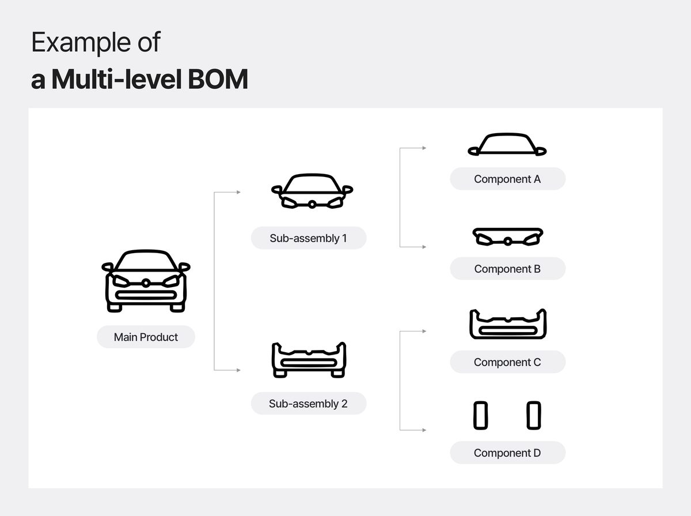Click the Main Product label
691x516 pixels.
pos(146,337)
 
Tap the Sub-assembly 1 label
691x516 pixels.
pos(308,238)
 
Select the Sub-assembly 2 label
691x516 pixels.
pos(308,404)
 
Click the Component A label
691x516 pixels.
pos(507,179)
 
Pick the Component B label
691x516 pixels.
pos(507,269)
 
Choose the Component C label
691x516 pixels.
pos(507,362)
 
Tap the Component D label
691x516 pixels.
pos(507,453)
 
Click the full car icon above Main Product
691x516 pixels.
pos(146,281)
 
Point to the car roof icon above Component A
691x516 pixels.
pos(507,145)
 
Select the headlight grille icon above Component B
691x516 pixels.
pos(507,237)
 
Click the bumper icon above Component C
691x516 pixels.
pos(507,325)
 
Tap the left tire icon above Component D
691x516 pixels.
pos(480,416)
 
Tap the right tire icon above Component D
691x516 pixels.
pos(534,416)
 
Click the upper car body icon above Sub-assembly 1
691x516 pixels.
pos(312,191)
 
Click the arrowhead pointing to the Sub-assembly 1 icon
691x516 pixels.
pos(238,192)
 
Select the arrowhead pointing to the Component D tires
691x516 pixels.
pos(424,430)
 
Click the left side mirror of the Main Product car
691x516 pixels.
pos(107,267)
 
